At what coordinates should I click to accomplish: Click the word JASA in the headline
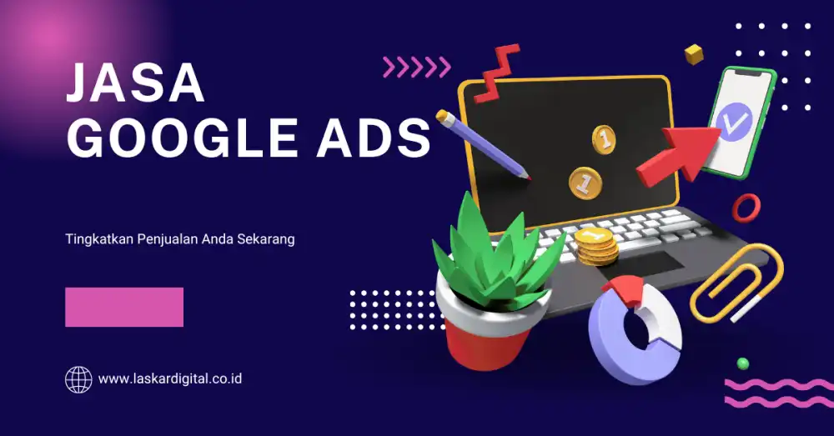(x=135, y=84)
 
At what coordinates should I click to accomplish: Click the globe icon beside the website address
(x=78, y=379)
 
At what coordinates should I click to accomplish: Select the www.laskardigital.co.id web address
(x=170, y=379)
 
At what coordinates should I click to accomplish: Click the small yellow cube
(x=693, y=55)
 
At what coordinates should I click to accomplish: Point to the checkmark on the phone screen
(x=731, y=123)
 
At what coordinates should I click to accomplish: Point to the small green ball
(x=742, y=363)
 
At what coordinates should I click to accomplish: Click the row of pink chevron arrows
(x=416, y=68)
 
